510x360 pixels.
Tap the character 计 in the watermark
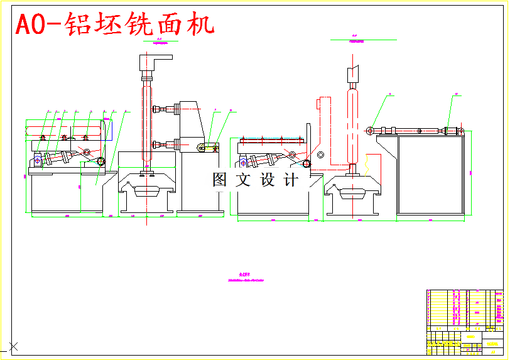(291, 180)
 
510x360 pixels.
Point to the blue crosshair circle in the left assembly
(38, 160)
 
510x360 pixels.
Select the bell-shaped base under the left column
(147, 188)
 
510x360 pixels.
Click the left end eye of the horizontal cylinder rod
(371, 130)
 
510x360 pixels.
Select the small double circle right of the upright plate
(321, 155)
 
